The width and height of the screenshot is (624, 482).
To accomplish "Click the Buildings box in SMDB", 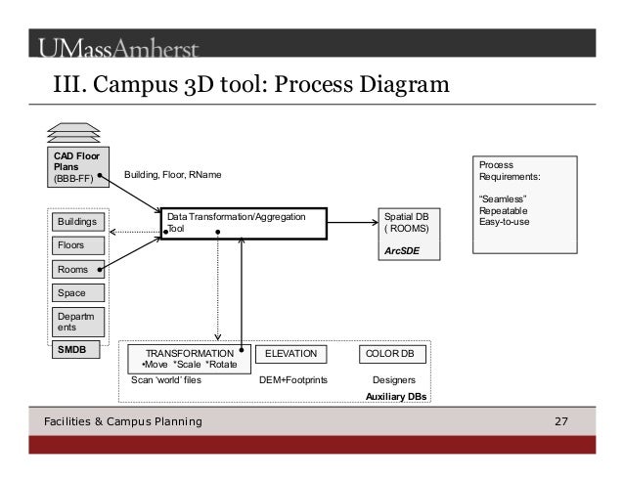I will pyautogui.click(x=78, y=222).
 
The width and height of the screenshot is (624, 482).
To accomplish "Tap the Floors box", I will pyautogui.click(x=78, y=245).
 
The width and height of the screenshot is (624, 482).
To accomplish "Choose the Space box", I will pyautogui.click(x=78, y=292).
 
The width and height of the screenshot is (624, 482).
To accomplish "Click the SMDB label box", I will pyautogui.click(x=74, y=347).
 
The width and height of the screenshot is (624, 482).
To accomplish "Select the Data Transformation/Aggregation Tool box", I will pyautogui.click(x=235, y=222).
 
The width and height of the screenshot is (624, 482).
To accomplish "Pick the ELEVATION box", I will pyautogui.click(x=290, y=353).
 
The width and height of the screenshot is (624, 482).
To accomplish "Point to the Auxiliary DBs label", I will pyautogui.click(x=395, y=396).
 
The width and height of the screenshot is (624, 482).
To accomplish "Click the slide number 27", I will pyautogui.click(x=560, y=421).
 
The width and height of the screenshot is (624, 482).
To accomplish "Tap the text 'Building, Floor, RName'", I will pyautogui.click(x=173, y=175).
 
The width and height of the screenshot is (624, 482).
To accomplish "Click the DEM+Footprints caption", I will pyautogui.click(x=292, y=378).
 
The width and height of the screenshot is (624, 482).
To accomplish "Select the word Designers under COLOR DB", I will pyautogui.click(x=394, y=378).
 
